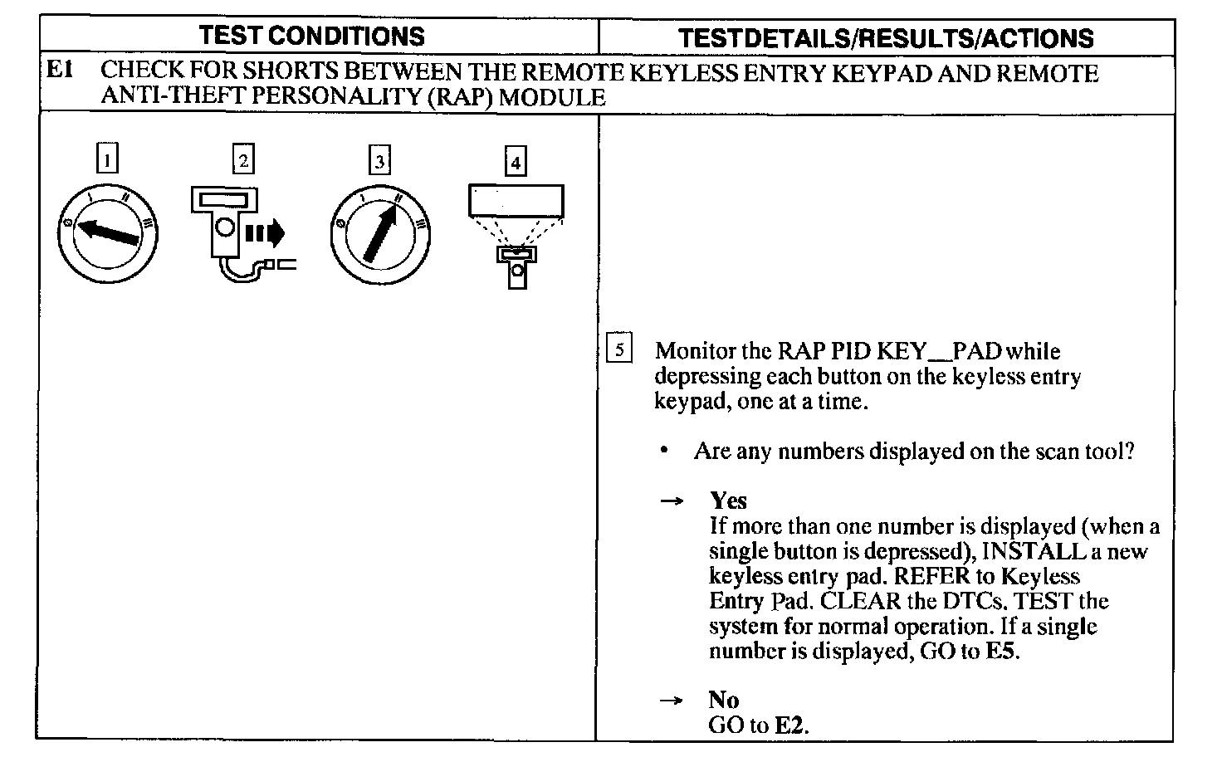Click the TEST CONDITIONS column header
312,37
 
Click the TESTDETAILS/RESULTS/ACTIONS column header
886,38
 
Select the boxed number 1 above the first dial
107,159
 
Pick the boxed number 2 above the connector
243,159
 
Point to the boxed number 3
379,159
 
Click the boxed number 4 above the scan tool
516,161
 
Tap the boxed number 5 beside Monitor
619,349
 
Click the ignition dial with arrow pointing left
108,236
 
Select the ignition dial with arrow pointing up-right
380,236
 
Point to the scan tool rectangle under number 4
516,201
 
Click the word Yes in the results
728,501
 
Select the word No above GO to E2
724,700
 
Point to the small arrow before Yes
671,501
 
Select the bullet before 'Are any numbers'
664,452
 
